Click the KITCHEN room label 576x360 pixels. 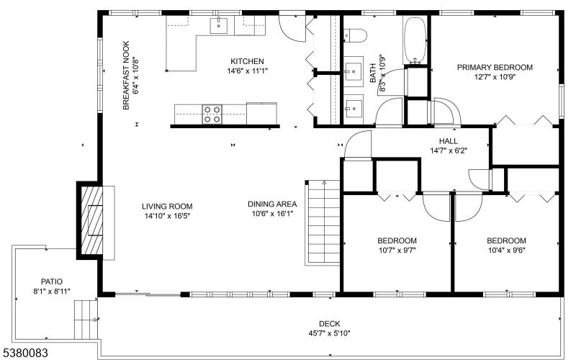[x=247, y=61]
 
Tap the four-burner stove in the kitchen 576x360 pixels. [x=212, y=114]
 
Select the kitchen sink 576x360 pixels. [x=219, y=25]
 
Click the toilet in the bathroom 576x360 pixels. [x=356, y=35]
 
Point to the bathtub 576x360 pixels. [x=415, y=40]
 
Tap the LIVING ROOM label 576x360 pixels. [x=167, y=207]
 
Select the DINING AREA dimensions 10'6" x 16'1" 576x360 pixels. [x=272, y=214]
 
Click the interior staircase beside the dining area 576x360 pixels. [x=323, y=222]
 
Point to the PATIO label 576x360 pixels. [x=51, y=282]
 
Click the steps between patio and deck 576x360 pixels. [x=86, y=320]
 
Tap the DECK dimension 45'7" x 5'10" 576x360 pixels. [x=330, y=333]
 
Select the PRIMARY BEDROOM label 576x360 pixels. [x=495, y=68]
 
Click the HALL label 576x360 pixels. [x=449, y=141]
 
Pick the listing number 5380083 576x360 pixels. [x=24, y=354]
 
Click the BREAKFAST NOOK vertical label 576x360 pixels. [x=126, y=76]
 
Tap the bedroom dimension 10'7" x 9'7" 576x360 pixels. [x=397, y=251]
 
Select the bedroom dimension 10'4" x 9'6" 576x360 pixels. [x=507, y=251]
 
